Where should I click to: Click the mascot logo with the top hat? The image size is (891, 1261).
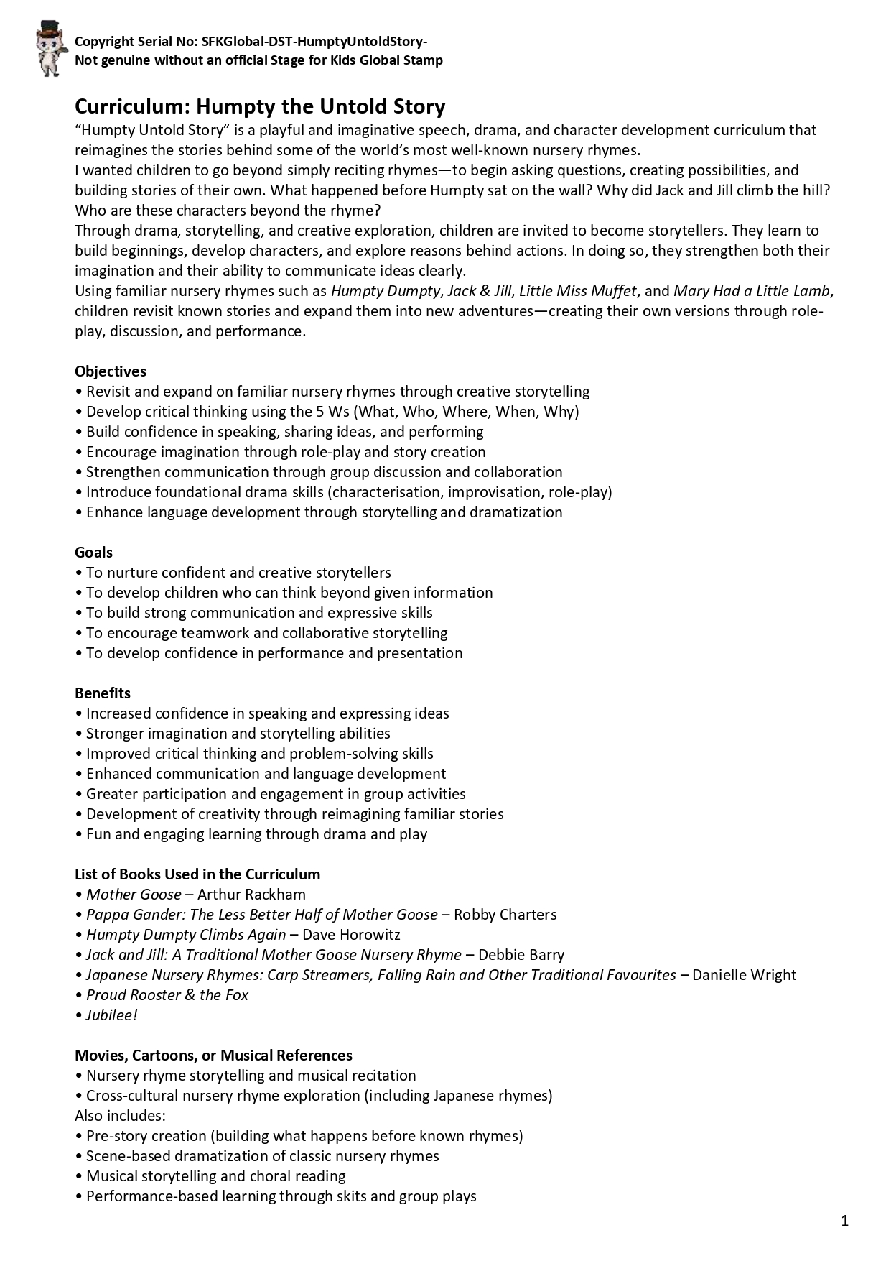click(x=49, y=49)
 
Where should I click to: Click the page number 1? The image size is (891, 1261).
click(x=844, y=1221)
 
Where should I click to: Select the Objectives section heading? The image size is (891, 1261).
click(x=110, y=371)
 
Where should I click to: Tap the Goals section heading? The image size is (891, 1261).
click(x=93, y=553)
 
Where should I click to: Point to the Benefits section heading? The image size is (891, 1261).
click(x=103, y=693)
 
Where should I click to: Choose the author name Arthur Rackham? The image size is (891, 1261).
click(x=251, y=895)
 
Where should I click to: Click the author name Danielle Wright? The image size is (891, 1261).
click(x=744, y=975)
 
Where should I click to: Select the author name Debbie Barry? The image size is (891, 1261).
click(x=521, y=955)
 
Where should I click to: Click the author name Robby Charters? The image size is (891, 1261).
click(x=505, y=915)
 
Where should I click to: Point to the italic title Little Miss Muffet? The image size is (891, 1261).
click(x=577, y=291)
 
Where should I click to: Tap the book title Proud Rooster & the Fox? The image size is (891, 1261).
click(x=167, y=995)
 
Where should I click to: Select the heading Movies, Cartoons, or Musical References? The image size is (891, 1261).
click(x=213, y=1056)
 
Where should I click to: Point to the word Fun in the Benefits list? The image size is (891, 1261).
click(x=98, y=834)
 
